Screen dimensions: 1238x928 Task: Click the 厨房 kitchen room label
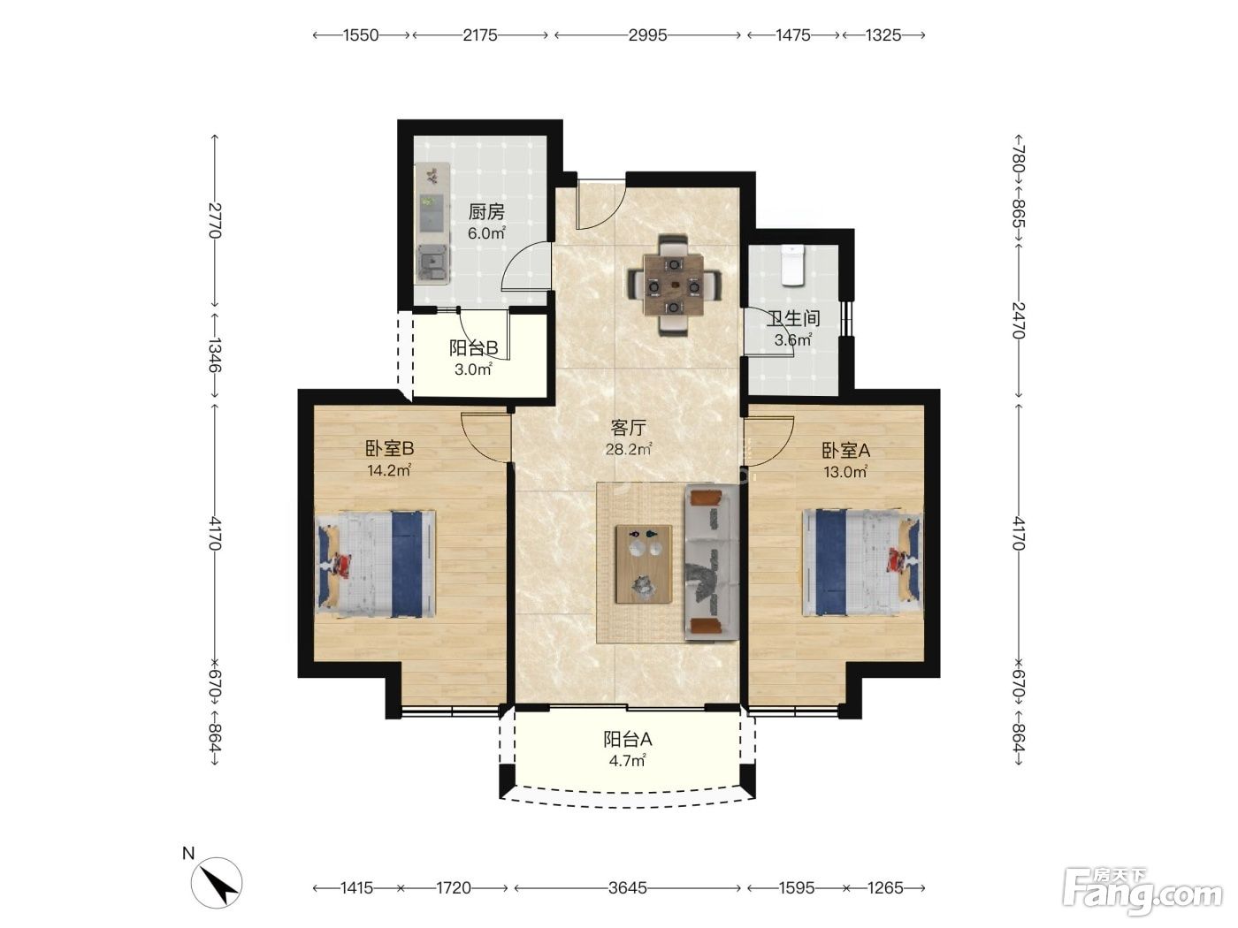(x=486, y=212)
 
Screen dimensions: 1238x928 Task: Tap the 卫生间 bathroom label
(x=793, y=319)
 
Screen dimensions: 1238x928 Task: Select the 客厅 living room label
(x=628, y=429)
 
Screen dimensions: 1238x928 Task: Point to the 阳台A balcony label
(x=627, y=739)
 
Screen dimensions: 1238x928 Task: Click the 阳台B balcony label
(x=473, y=348)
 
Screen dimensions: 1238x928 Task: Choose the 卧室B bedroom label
(x=390, y=448)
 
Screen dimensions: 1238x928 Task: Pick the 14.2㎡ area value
(x=389, y=470)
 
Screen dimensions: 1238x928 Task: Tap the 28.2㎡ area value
(x=629, y=450)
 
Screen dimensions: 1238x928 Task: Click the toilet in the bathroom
(x=793, y=266)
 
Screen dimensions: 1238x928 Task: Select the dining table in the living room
(x=674, y=286)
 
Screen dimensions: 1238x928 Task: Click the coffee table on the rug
(x=644, y=564)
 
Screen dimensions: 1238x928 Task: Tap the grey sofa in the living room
(x=712, y=564)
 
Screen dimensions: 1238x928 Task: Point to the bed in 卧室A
(x=863, y=562)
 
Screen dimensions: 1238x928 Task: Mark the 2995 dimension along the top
(x=647, y=35)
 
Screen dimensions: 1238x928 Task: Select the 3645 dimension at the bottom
(x=627, y=888)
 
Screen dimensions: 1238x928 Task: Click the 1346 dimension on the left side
(x=215, y=355)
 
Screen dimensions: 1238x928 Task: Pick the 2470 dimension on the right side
(x=1018, y=320)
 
